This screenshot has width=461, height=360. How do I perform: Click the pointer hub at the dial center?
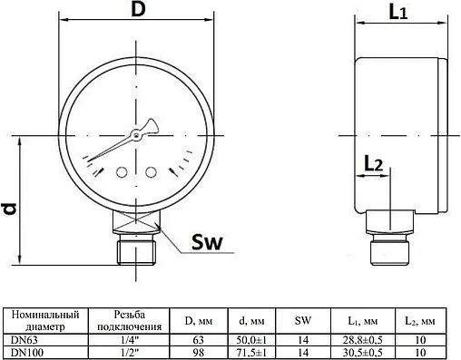[136, 136]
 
